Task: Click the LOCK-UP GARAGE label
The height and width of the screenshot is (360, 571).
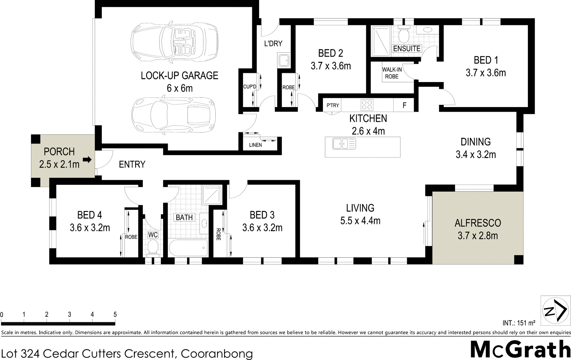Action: click(180, 76)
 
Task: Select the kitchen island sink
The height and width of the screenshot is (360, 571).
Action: click(340, 144)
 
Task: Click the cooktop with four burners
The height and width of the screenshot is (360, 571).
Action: click(367, 105)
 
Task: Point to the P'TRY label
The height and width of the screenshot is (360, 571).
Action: click(333, 105)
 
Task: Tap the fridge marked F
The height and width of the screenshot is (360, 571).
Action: click(404, 105)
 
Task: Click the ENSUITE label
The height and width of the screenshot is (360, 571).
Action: click(406, 49)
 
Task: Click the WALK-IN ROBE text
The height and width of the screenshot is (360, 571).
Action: click(392, 73)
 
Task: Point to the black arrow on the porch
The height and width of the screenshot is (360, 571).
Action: click(87, 160)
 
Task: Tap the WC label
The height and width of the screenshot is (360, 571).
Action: click(153, 235)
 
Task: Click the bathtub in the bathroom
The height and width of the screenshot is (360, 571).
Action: click(188, 247)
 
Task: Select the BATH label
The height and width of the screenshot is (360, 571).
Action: click(184, 217)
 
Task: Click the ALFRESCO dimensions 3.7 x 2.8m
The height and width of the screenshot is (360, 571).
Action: click(477, 235)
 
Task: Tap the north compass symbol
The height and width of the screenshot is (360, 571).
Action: click(555, 311)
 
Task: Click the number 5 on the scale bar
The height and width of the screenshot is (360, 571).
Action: click(115, 315)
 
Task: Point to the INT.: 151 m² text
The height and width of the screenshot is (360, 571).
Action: click(519, 323)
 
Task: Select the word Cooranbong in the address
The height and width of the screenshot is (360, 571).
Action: click(217, 354)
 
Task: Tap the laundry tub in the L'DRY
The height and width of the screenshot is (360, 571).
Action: click(284, 60)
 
